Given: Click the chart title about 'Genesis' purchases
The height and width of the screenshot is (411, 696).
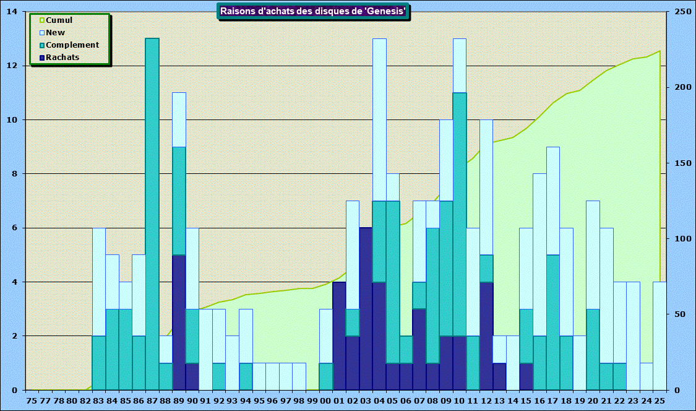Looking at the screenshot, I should coord(313,11).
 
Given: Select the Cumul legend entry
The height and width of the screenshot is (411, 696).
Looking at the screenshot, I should coord(59,20).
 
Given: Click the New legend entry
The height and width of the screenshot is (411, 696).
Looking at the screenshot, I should coord(55,33).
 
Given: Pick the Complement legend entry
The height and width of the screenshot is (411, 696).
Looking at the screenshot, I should coord(72,45).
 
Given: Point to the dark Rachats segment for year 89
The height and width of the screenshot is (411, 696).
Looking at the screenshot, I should coord(179,322).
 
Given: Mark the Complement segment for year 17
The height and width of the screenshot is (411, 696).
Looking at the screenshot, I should coord(553,322).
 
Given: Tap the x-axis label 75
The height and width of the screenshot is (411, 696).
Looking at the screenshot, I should coord(32,400).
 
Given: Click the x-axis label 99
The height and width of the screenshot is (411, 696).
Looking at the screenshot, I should coord(312,400).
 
